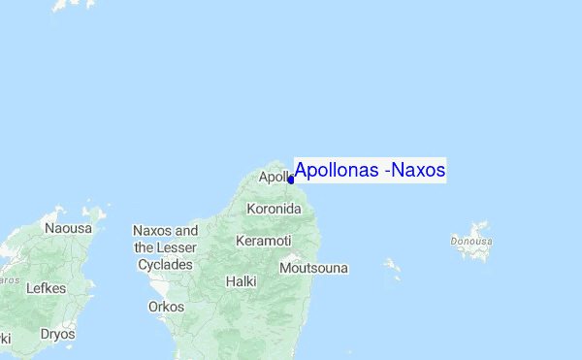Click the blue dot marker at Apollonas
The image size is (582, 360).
pos(291,180)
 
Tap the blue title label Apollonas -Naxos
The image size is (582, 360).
pos(370,171)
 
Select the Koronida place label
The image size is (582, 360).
pos(275,209)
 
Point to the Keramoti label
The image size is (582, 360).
pos(264,240)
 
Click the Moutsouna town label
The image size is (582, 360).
pos(313,268)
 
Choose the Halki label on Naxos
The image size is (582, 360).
pos(241,281)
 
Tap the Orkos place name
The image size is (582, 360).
pos(166,307)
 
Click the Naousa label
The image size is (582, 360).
pos(68,228)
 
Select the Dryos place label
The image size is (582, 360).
pos(57,334)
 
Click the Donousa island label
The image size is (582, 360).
pos(471,240)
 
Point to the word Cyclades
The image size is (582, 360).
pos(166,264)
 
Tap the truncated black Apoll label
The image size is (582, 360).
pos(274,178)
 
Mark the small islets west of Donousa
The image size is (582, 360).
pos(392,266)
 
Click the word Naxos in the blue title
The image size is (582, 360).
pos(420,171)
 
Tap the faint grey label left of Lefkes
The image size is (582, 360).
pos(8,279)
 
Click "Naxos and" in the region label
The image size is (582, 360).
pos(165,231)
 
